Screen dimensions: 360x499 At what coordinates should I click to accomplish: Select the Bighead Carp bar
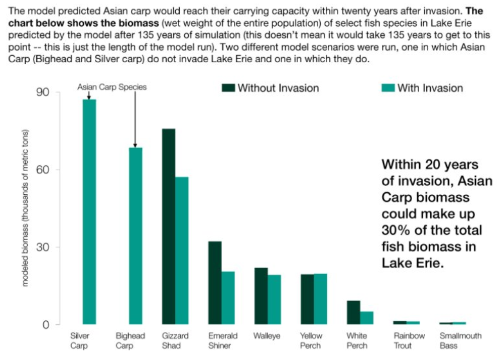(136, 236)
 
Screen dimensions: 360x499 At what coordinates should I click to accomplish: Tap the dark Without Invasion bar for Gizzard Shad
(168, 226)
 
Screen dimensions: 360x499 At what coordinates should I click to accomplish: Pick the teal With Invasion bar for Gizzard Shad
(182, 251)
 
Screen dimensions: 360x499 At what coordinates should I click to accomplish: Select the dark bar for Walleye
(261, 296)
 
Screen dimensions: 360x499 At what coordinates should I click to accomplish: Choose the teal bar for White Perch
(366, 318)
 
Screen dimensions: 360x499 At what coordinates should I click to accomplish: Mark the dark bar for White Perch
(353, 312)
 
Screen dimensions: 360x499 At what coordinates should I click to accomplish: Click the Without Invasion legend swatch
(228, 88)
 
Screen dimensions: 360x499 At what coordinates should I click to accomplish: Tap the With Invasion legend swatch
(388, 88)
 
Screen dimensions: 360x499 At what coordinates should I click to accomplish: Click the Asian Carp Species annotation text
(112, 87)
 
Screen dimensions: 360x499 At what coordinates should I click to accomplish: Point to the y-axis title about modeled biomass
(26, 208)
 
